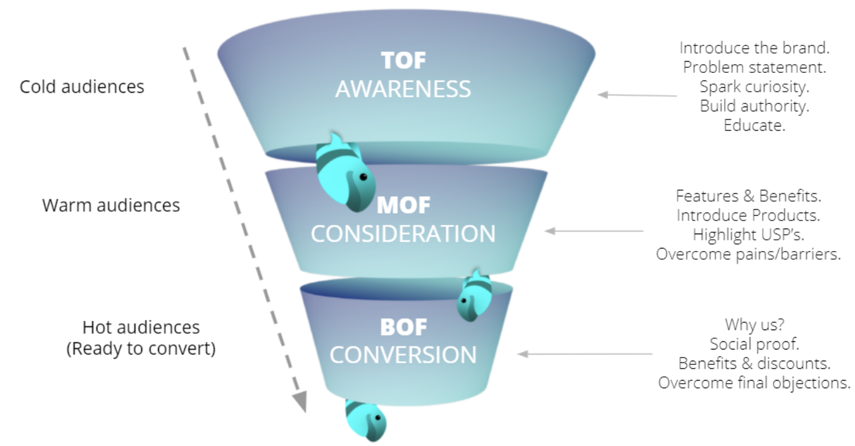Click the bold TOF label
pyautogui.click(x=403, y=60)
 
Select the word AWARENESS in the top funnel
pyautogui.click(x=403, y=89)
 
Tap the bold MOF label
pyautogui.click(x=403, y=204)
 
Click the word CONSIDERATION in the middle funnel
pyautogui.click(x=403, y=234)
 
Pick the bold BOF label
pyautogui.click(x=403, y=327)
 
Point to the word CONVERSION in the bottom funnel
pyautogui.click(x=403, y=354)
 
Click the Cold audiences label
pyautogui.click(x=82, y=86)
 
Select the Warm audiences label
pyautogui.click(x=111, y=205)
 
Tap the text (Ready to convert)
pyautogui.click(x=141, y=348)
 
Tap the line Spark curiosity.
pyautogui.click(x=754, y=87)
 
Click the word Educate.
pyautogui.click(x=754, y=125)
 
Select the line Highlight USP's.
pyautogui.click(x=748, y=235)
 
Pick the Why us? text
pyautogui.click(x=754, y=325)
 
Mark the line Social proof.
pyautogui.click(x=754, y=344)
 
